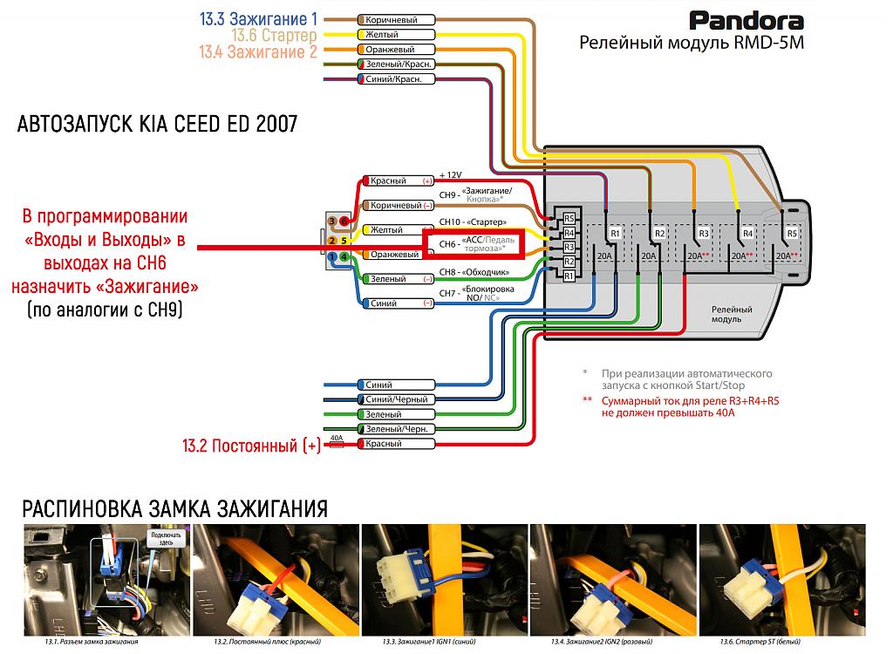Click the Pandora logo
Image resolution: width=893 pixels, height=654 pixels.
(x=746, y=21)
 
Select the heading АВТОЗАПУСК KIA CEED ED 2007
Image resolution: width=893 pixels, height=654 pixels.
(x=157, y=125)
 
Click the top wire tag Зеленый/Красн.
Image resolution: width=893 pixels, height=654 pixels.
(x=396, y=65)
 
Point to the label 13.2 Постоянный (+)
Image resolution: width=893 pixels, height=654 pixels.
(x=251, y=446)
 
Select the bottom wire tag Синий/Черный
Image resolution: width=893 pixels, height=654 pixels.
(x=396, y=399)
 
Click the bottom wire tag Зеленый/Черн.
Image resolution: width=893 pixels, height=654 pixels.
(x=396, y=429)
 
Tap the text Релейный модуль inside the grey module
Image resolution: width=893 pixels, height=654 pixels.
(x=726, y=314)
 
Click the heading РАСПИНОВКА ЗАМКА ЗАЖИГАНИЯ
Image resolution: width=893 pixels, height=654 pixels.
(x=174, y=508)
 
